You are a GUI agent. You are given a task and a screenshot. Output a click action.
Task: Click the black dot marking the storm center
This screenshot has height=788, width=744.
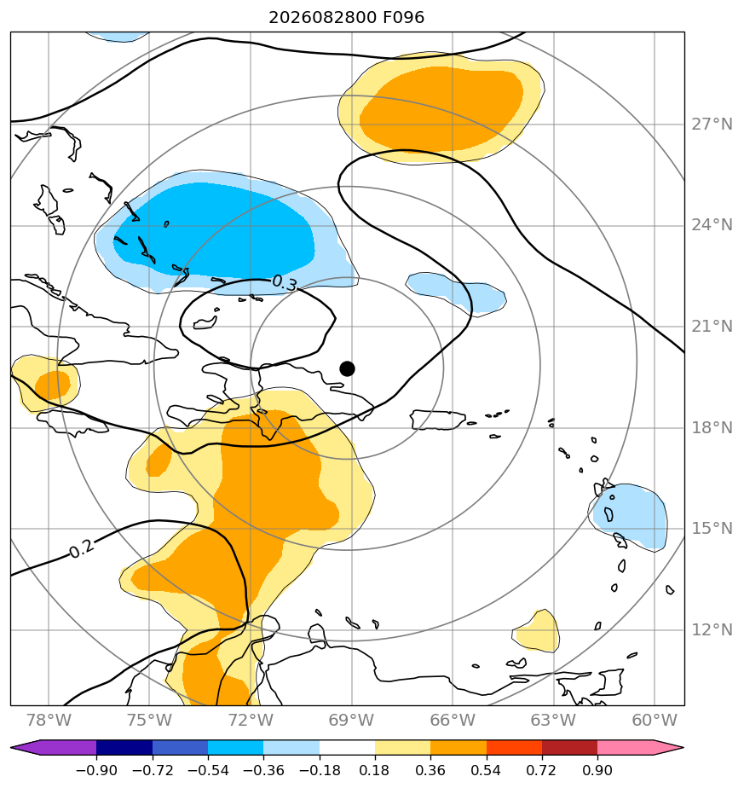point(347,369)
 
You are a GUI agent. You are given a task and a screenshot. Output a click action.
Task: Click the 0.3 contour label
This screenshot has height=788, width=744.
point(285,283)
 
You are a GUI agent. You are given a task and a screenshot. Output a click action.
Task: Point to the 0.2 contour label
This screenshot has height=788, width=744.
point(81,549)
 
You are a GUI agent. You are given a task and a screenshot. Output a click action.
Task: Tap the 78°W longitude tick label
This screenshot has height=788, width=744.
point(49,720)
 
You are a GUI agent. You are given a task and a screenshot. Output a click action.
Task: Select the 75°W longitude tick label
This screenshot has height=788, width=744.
point(150,720)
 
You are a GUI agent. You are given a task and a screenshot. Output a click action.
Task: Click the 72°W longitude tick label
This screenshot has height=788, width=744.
point(251,720)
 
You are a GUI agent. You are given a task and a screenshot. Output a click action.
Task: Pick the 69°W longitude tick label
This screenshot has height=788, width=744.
point(352,720)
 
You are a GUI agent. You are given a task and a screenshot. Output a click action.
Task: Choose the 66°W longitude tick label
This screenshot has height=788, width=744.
point(453,720)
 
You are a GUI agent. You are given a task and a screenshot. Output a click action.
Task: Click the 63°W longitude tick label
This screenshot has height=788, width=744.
point(554,720)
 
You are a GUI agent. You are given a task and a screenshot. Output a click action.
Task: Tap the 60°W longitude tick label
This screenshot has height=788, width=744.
point(655,720)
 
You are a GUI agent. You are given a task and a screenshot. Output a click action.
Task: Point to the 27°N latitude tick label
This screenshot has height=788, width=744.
point(712,125)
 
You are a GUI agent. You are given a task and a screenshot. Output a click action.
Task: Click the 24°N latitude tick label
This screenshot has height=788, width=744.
point(712,225)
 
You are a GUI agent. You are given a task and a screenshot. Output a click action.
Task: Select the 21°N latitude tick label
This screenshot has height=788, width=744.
point(712,327)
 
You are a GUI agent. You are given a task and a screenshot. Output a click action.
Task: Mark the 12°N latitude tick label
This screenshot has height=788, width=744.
point(712,629)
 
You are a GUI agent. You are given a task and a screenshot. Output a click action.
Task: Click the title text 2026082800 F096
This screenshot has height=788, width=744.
point(347,18)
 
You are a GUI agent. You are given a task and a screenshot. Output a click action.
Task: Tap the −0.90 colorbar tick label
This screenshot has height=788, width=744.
point(96,770)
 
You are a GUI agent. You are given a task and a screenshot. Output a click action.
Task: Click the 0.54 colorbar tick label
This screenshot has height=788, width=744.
point(487,770)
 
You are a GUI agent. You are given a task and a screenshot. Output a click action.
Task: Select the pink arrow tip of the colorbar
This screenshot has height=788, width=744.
point(682,748)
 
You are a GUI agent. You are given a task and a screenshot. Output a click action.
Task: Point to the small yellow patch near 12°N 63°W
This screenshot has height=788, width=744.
point(538,632)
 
